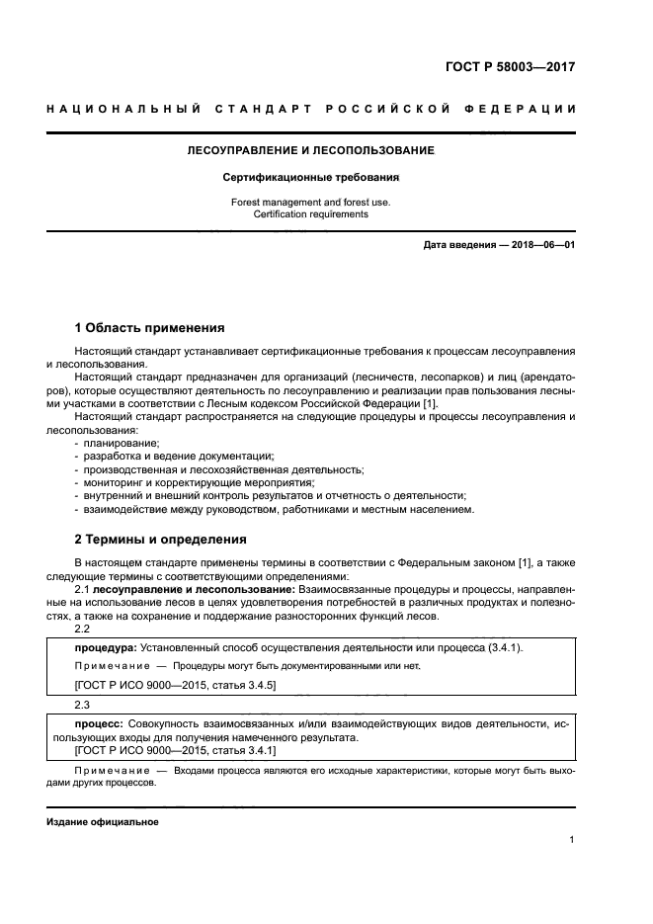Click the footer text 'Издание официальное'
click(x=103, y=822)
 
